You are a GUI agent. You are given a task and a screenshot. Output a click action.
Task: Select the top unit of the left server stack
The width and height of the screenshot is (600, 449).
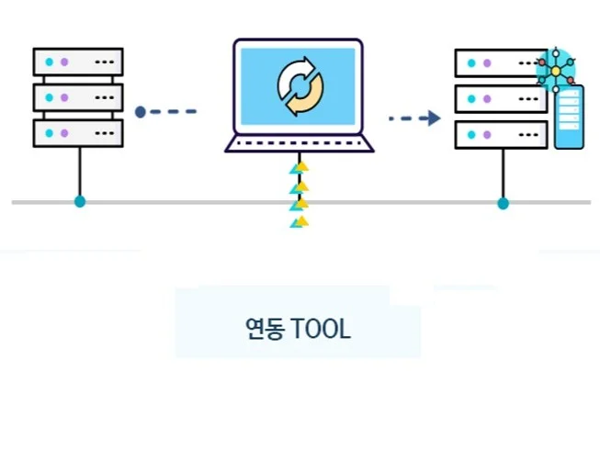pos(78,62)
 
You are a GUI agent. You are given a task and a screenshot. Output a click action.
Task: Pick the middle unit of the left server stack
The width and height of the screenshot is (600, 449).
pos(78,96)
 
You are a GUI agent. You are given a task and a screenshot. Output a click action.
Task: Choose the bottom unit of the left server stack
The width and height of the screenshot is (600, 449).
pos(78,132)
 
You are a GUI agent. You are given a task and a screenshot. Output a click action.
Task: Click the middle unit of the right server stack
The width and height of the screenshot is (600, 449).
pos(501,97)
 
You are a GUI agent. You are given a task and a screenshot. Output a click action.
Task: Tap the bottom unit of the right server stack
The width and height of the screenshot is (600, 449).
pos(501,133)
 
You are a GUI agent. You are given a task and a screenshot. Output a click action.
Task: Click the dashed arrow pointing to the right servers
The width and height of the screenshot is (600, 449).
pos(413,118)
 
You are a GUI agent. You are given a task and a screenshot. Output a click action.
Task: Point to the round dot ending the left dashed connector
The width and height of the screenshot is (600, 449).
pos(140,112)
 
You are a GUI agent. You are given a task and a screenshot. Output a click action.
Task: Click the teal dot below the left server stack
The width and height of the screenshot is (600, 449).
pos(80,201)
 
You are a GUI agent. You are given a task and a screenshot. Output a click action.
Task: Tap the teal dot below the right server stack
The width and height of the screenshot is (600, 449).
pos(503,202)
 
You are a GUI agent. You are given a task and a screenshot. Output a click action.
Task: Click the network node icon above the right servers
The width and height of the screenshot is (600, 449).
pos(556,70)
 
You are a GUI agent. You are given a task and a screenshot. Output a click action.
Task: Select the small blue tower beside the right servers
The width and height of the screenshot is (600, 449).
pos(569,118)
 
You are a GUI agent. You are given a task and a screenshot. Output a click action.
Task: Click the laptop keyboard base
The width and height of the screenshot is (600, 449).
pos(300,143)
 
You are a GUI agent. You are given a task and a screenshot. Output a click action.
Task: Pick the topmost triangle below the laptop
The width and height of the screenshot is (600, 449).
pos(299,168)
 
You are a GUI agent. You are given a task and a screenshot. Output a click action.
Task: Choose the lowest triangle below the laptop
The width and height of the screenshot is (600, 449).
pos(299,221)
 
